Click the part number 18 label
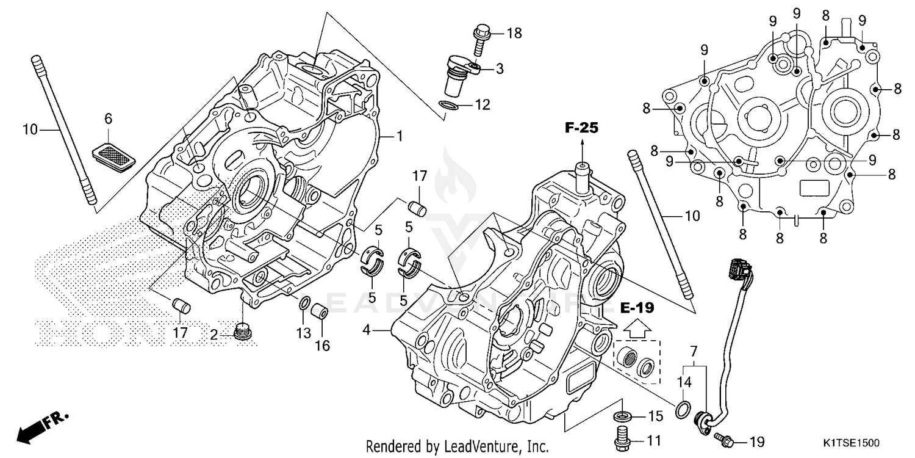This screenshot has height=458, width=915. tap(514, 33)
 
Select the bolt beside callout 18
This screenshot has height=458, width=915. tap(483, 34)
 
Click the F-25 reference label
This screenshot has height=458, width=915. tap(581, 128)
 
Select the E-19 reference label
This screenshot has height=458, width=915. tap(636, 307)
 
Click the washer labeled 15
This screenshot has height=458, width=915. tap(622, 417)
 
